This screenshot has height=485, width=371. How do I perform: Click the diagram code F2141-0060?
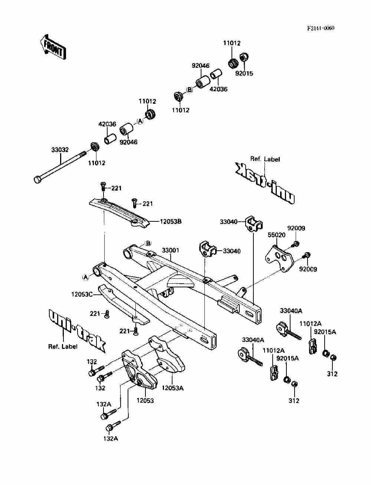(x=321, y=28)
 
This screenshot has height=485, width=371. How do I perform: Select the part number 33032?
(x=60, y=150)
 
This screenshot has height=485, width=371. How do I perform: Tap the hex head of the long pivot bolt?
(x=37, y=179)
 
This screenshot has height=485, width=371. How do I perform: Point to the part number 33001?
(x=170, y=250)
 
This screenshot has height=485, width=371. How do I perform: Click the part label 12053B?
(x=171, y=221)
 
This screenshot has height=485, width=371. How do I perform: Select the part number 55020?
(x=277, y=235)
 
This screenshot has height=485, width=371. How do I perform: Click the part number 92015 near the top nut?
(x=244, y=73)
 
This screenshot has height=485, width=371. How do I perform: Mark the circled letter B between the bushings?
(x=189, y=90)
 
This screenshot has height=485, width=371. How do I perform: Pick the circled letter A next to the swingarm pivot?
(x=85, y=277)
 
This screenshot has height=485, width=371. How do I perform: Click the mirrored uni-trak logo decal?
(x=265, y=184)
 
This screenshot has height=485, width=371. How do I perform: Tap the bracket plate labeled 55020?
(x=279, y=259)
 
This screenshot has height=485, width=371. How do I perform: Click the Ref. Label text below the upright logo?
(x=63, y=347)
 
